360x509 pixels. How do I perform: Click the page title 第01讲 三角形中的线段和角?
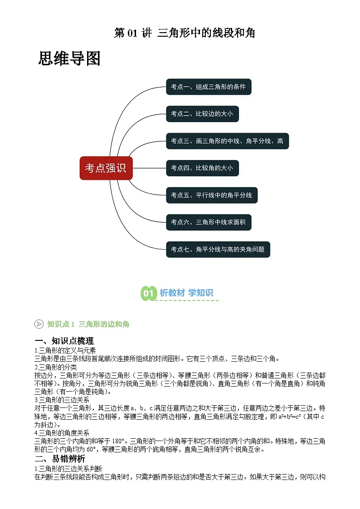[185, 33]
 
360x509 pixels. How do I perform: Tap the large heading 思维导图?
[69, 59]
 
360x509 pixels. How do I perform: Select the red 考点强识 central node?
[106, 168]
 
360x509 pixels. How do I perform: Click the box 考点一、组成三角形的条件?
[208, 87]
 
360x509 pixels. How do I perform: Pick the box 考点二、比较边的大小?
[202, 114]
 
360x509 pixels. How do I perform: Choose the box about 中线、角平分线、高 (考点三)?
[227, 141]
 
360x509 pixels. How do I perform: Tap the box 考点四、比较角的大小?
[202, 168]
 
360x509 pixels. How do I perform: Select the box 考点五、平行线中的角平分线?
[211, 195]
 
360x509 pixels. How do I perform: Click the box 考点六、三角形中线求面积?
[208, 223]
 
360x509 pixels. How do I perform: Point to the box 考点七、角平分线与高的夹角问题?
[218, 249]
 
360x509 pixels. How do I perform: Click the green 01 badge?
[148, 293]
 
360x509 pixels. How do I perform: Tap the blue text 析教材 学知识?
[186, 293]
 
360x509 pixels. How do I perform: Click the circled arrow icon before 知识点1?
[39, 324]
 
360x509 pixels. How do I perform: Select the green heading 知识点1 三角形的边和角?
[88, 324]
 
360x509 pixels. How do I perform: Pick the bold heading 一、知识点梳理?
[64, 341]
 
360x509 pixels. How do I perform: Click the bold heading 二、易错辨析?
[59, 459]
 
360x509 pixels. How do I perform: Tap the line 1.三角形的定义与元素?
[65, 350]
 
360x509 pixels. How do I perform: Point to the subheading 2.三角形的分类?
[56, 367]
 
